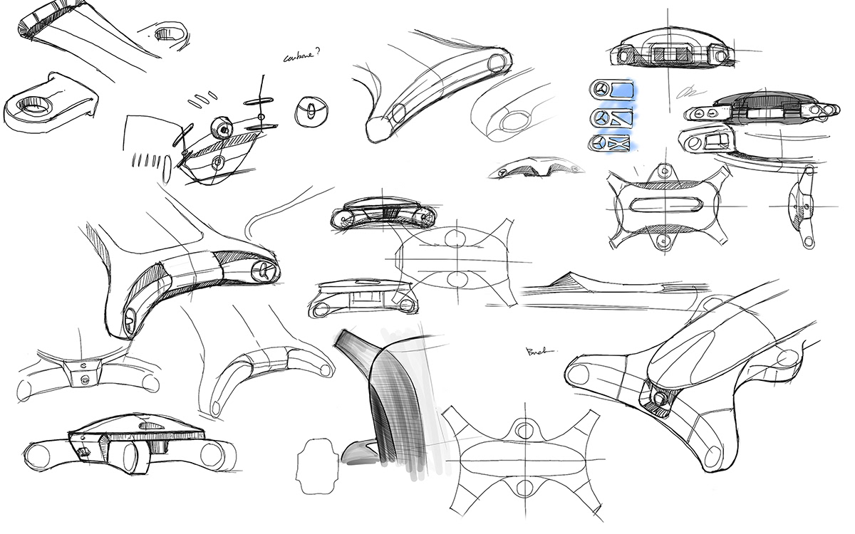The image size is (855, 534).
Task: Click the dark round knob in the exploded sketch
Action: point(223,128)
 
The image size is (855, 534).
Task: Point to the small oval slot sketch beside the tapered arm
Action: point(167,33)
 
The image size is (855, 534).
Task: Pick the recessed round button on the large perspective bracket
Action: point(659,399)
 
